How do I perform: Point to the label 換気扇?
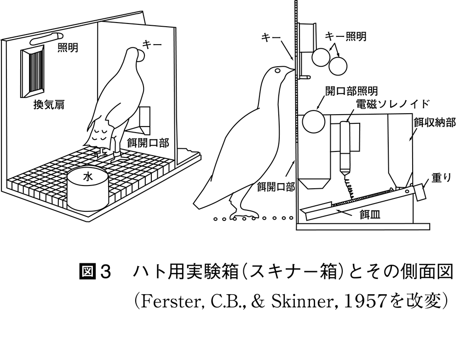(48, 105)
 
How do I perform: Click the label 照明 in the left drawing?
(68, 48)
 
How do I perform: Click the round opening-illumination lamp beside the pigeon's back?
(313, 121)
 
